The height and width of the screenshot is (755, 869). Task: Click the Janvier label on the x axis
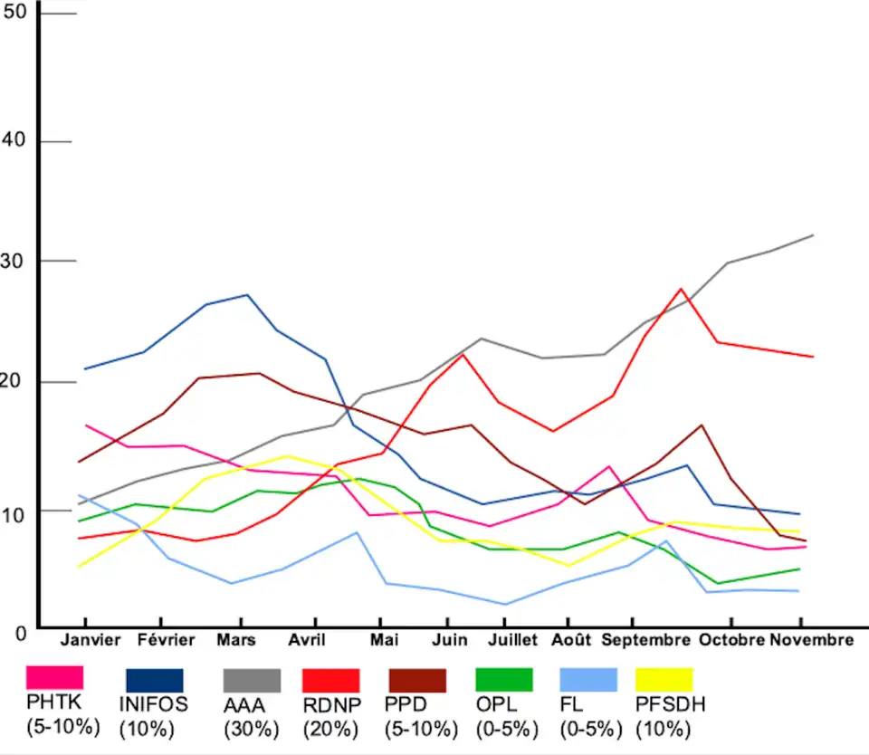[x=90, y=641]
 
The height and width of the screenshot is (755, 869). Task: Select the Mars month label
[x=235, y=641]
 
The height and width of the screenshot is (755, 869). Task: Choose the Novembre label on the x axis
[x=811, y=641]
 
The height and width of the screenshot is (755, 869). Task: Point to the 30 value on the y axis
[x=16, y=262]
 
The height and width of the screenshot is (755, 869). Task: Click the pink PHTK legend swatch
[x=55, y=677]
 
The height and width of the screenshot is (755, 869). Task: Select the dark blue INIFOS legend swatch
[x=154, y=681]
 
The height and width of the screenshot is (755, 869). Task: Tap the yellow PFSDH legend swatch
[x=664, y=680]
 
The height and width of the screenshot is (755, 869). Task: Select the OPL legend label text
[x=495, y=704]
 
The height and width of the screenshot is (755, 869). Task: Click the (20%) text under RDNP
[x=330, y=727]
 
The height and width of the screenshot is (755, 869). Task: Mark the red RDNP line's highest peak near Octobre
[x=681, y=289]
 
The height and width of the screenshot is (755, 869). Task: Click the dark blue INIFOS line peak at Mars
[x=247, y=295]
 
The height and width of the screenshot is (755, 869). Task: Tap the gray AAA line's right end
[x=814, y=235]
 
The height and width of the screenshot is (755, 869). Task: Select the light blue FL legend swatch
[x=588, y=680]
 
